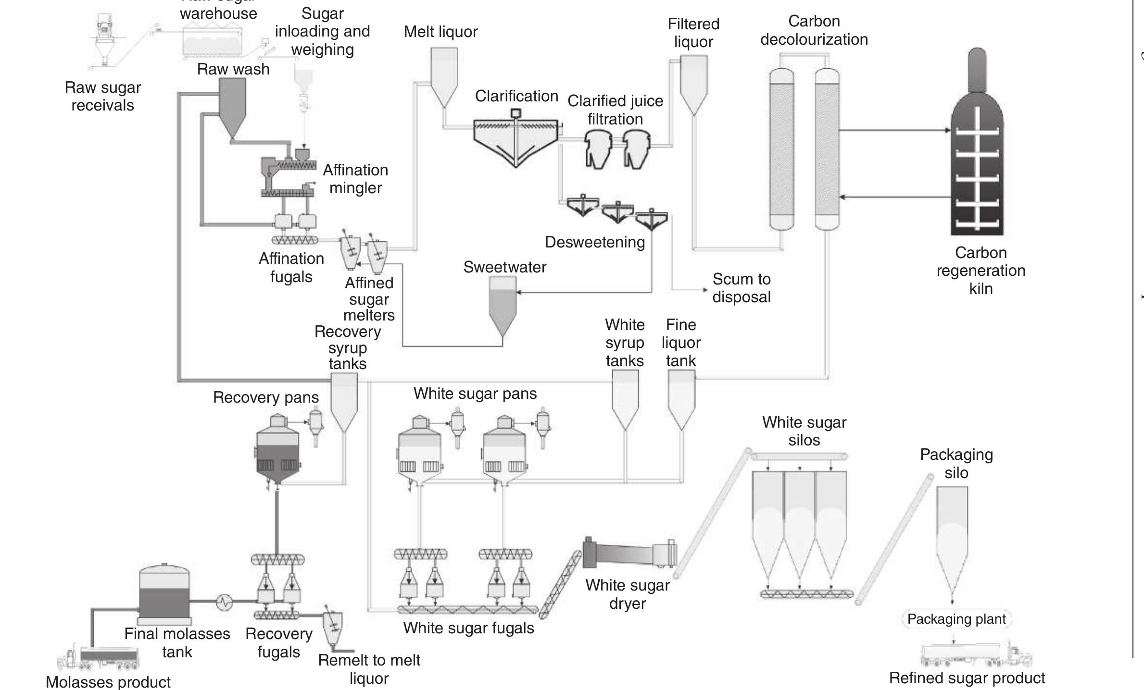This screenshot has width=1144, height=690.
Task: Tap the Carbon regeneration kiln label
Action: (x=981, y=271)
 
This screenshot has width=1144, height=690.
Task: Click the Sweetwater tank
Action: (x=503, y=305)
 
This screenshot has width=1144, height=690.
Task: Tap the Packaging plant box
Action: (x=956, y=619)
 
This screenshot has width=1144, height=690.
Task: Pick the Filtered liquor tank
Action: (x=693, y=82)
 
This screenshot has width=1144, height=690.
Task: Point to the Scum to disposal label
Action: (x=741, y=288)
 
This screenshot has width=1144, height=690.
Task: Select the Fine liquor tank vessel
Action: (x=681, y=399)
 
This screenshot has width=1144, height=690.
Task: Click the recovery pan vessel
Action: (x=277, y=452)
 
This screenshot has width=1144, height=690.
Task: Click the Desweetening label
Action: (x=594, y=242)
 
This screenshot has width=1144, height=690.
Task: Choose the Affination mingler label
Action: (x=355, y=179)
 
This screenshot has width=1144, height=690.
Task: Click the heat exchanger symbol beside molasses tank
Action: (x=224, y=601)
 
